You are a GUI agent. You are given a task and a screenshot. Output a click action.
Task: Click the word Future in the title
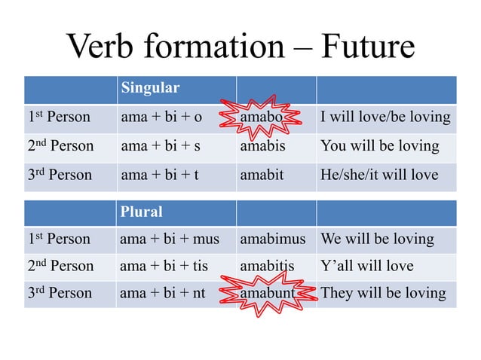coord(368,47)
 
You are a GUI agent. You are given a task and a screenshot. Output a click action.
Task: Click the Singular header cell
coord(150,88)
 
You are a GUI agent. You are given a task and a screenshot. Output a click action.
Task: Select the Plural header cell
coord(142,212)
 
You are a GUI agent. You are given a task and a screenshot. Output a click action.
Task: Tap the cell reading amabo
coord(261,117)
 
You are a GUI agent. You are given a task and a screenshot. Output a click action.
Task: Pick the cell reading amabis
coord(262,146)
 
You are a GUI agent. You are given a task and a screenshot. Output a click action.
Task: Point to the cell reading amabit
coord(262,175)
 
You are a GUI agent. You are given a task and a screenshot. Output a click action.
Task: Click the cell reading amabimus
coord(273,239)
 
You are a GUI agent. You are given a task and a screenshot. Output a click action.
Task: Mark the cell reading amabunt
coord(268,293)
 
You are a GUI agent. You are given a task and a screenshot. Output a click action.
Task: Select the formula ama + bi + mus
coord(170,239)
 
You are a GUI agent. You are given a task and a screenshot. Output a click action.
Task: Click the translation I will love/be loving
coord(385,117)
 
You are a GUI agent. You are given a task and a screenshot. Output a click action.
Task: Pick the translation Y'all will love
coord(367,266)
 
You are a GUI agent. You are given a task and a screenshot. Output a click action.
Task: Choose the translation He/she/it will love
coord(379,175)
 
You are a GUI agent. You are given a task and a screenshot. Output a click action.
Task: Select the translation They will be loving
coord(383,293)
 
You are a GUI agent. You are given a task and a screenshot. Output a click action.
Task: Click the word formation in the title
coord(216,47)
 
